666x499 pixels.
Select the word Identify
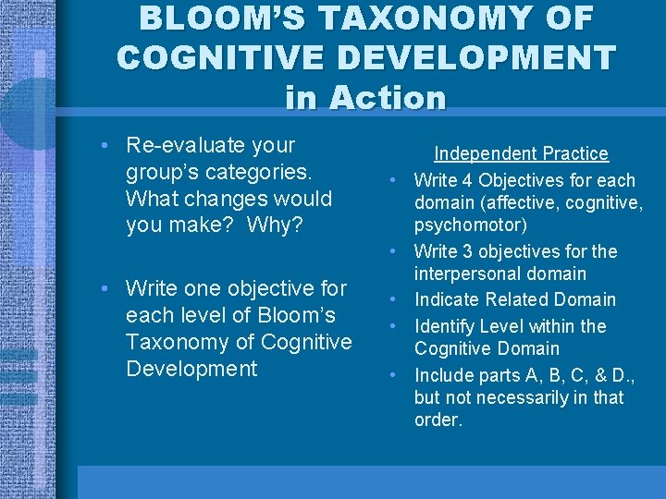click(x=447, y=326)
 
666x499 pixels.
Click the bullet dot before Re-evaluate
click(x=108, y=146)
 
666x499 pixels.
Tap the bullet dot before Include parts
click(x=393, y=375)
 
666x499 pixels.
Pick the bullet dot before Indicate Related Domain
click(x=393, y=299)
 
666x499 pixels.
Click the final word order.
click(x=438, y=420)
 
